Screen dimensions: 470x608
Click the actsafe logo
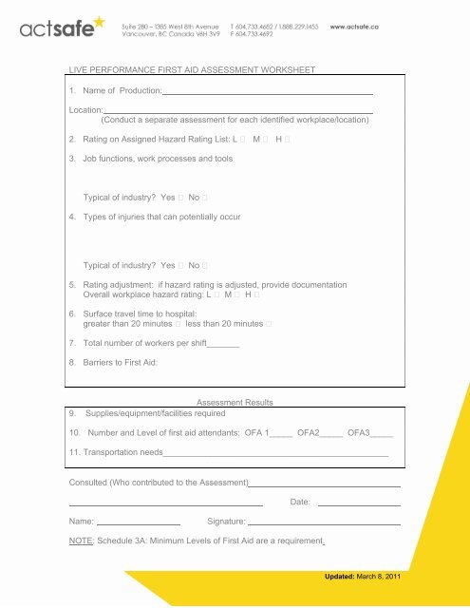point(56,30)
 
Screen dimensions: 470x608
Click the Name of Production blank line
point(268,92)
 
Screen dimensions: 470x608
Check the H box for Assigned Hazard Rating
point(287,139)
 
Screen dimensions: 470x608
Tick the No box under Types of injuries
point(204,265)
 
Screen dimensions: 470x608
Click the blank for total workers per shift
point(222,343)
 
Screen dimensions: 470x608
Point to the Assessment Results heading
point(234,403)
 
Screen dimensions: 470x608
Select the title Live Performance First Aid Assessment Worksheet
point(191,69)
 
